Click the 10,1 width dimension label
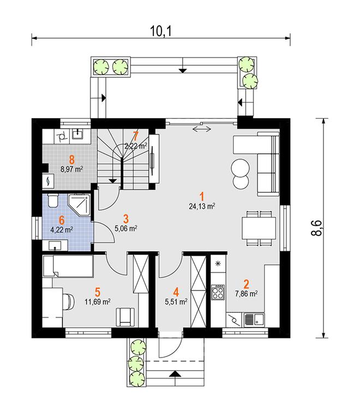pyautogui.click(x=161, y=31)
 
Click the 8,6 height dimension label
pyautogui.click(x=316, y=228)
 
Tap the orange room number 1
pyautogui.click(x=202, y=196)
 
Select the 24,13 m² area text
pyautogui.click(x=202, y=206)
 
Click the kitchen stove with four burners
pyautogui.click(x=218, y=292)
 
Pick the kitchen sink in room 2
pyautogui.click(x=254, y=320)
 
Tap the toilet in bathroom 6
pyautogui.click(x=53, y=201)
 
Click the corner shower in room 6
pyautogui.click(x=80, y=206)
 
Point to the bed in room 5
pyautogui.click(x=68, y=266)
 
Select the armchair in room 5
pyautogui.click(x=125, y=317)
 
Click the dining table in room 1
pyautogui.click(x=259, y=228)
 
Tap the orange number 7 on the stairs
pyautogui.click(x=135, y=136)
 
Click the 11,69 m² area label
pyautogui.click(x=97, y=301)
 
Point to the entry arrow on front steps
pyautogui.click(x=175, y=374)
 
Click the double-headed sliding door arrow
pyautogui.click(x=202, y=129)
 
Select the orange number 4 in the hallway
pyautogui.click(x=176, y=292)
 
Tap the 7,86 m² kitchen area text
pyautogui.click(x=246, y=294)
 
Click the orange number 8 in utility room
pyautogui.click(x=71, y=159)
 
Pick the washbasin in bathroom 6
pyautogui.click(x=55, y=246)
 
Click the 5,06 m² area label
pyautogui.click(x=126, y=228)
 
